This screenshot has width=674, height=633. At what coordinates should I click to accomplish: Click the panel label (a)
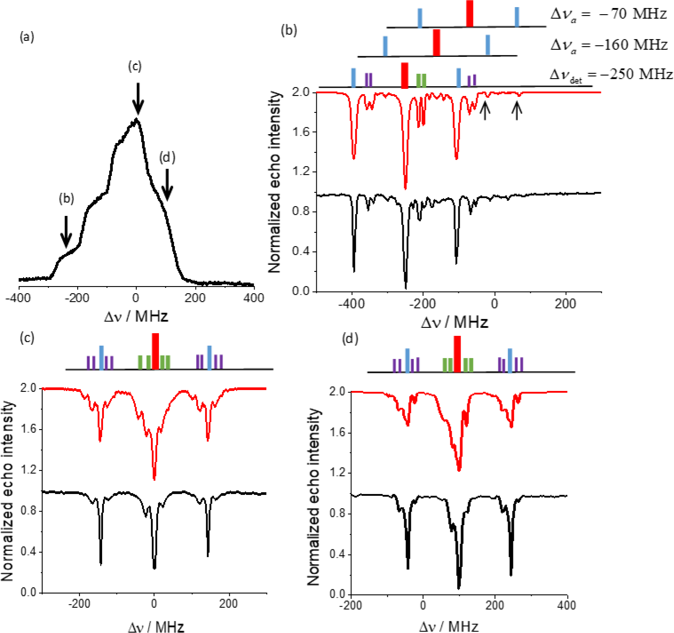[x=27, y=37]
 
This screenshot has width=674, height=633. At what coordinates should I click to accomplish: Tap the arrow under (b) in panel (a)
[x=66, y=231]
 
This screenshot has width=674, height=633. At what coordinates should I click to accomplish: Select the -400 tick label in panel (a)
[x=18, y=298]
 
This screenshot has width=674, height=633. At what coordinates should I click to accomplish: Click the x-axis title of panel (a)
[x=136, y=316]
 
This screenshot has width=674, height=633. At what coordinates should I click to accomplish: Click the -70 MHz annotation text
[x=608, y=14]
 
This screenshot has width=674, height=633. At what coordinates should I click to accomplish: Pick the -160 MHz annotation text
[x=609, y=44]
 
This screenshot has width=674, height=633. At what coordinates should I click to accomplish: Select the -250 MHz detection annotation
[x=611, y=74]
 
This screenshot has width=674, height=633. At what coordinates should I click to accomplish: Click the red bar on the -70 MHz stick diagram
[x=469, y=14]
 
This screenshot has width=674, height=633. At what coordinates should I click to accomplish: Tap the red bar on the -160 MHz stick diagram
[x=437, y=43]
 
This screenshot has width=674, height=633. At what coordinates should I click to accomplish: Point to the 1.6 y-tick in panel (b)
[x=301, y=132]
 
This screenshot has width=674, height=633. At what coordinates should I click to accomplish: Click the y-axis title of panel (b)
[x=275, y=182]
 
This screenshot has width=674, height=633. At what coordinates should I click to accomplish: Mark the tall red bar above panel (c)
[x=155, y=351]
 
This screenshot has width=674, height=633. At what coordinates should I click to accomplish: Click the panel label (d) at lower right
[x=350, y=338]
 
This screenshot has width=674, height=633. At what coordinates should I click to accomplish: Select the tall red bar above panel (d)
[x=457, y=354]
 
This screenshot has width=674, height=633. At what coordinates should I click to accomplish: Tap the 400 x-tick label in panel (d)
[x=567, y=605]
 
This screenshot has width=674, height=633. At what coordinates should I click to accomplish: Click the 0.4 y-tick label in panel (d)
[x=337, y=554]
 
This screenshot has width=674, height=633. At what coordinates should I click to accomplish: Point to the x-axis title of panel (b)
[x=454, y=322]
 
